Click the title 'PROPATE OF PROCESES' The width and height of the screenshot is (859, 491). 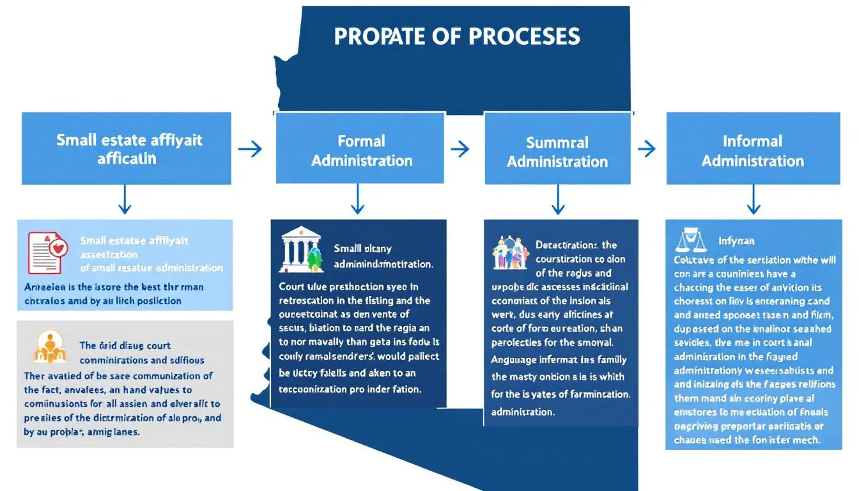click(x=457, y=36)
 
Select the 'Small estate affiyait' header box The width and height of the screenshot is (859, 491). click(x=126, y=148)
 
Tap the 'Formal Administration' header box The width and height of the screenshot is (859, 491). click(x=361, y=150)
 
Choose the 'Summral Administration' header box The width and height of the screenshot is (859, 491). click(x=557, y=151)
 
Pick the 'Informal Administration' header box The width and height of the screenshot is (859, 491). click(x=752, y=150)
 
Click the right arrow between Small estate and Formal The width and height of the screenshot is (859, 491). click(x=250, y=149)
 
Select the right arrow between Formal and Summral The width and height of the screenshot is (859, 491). click(x=460, y=149)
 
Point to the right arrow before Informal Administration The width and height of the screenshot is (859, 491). click(x=647, y=149)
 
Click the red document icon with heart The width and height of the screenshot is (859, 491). click(x=47, y=252)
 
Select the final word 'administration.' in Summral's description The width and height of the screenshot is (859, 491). click(x=523, y=412)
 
